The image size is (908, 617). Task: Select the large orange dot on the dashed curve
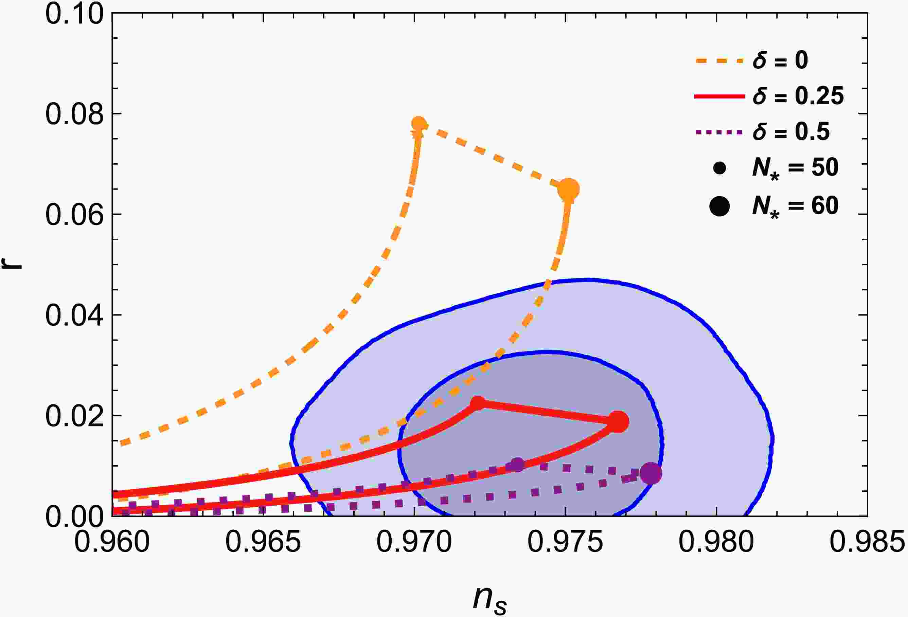coord(569,190)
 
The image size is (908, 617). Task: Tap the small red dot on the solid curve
coord(478,403)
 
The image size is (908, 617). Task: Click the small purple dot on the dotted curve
coord(517,465)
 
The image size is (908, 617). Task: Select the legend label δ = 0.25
coord(798,96)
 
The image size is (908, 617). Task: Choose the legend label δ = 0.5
coord(791,132)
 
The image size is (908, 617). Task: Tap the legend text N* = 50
coord(795,169)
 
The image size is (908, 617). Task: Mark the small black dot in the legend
coord(719,168)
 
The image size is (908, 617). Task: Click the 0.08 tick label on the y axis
coord(75,114)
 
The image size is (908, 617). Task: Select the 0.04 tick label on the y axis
coord(75,315)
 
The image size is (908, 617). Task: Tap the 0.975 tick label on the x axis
coord(565,543)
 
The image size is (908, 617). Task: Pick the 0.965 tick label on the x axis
coord(263,543)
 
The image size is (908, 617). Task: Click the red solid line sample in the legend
coord(719,96)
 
